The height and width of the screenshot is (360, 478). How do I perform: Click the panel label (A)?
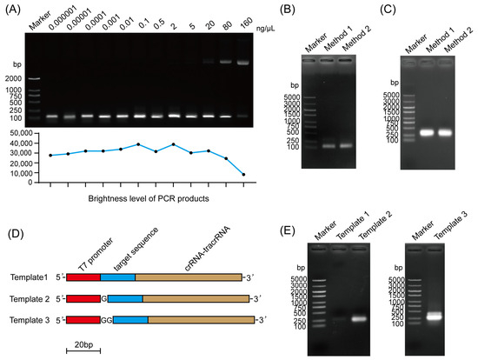15,8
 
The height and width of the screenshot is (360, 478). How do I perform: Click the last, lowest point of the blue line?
243,175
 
